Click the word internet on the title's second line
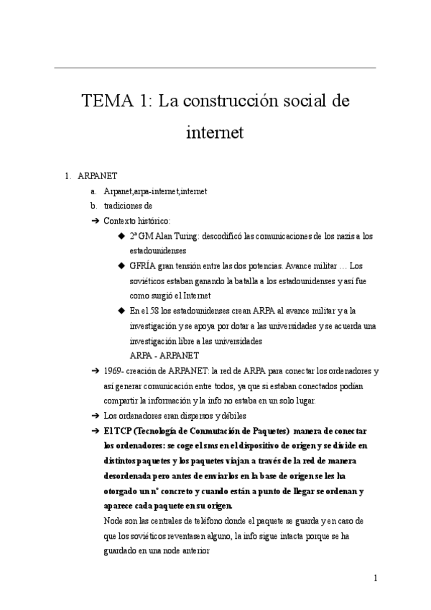(x=215, y=133)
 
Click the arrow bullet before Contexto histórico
(x=95, y=221)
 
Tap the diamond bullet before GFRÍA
(x=121, y=265)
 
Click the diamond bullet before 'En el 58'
(x=121, y=311)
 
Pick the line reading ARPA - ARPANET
(x=164, y=356)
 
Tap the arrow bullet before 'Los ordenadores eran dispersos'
(x=95, y=416)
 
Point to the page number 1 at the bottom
(x=376, y=578)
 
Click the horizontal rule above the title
(x=215, y=68)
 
